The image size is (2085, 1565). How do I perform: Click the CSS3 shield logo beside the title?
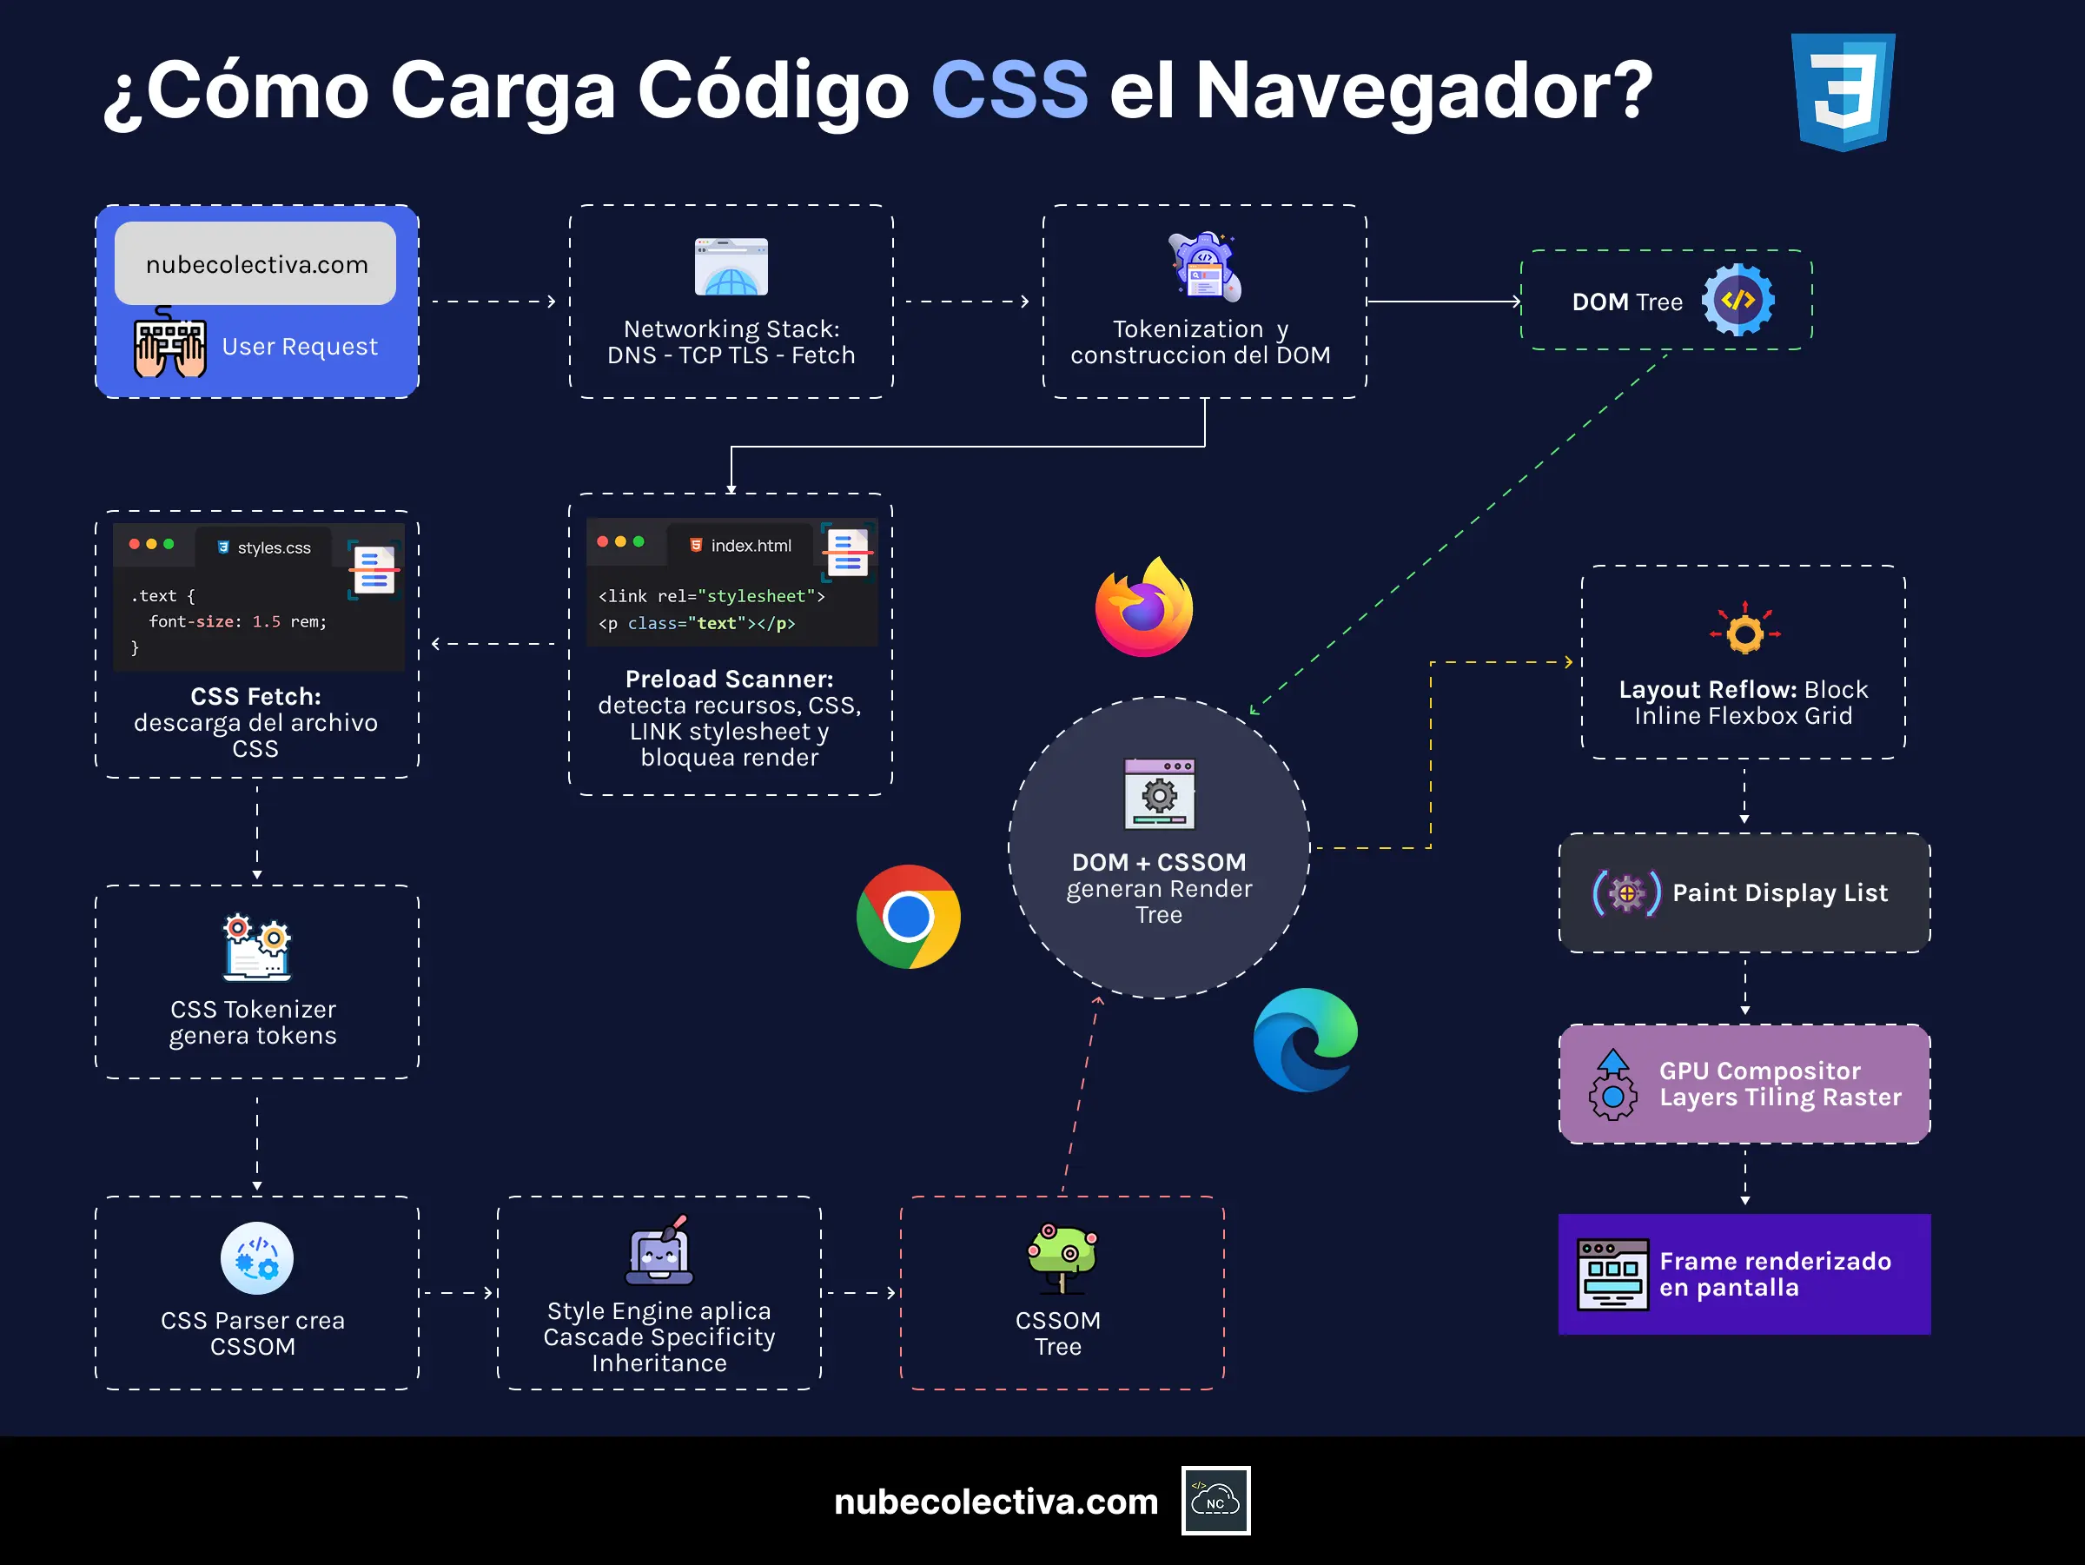(x=1843, y=91)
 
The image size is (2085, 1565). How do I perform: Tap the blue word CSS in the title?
(x=1009, y=90)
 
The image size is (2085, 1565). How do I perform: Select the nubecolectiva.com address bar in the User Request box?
(x=255, y=264)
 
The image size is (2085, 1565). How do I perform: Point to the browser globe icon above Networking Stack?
(x=731, y=268)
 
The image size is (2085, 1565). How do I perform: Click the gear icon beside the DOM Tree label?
(x=1738, y=300)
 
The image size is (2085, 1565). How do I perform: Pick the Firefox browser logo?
(x=1144, y=609)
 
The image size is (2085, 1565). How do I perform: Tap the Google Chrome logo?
(x=908, y=917)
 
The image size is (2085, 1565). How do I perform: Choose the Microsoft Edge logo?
(x=1306, y=1040)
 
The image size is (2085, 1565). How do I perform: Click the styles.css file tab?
(x=265, y=547)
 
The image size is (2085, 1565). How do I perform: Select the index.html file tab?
(x=741, y=546)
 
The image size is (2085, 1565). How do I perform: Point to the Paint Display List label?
(x=1779, y=892)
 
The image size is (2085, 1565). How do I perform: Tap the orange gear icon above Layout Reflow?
(x=1744, y=632)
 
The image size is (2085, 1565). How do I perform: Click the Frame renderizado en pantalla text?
(x=1775, y=1275)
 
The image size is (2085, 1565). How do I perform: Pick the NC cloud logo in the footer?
(x=1216, y=1501)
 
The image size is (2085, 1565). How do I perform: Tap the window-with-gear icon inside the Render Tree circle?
(x=1160, y=794)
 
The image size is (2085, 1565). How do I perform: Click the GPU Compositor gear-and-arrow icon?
(x=1612, y=1085)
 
